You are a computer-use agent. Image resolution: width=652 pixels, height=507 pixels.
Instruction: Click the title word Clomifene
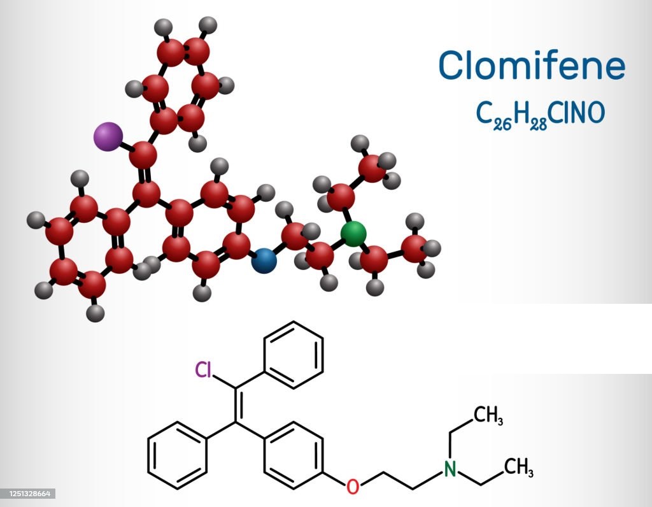click(x=532, y=65)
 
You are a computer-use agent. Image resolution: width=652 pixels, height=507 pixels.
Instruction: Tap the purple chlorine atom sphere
click(x=108, y=136)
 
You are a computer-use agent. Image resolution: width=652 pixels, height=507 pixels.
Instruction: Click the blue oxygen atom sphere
click(x=264, y=261)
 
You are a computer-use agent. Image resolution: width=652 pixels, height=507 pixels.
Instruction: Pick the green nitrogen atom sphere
click(x=353, y=234)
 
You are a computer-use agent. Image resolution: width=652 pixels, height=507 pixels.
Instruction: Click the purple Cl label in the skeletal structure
click(x=204, y=369)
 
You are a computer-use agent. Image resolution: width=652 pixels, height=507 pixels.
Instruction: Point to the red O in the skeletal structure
click(x=353, y=486)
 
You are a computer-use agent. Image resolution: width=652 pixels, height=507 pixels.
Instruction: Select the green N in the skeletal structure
click(x=450, y=468)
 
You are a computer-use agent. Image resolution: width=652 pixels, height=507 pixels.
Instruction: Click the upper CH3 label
click(x=488, y=415)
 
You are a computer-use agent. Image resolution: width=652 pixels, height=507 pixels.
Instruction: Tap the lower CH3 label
click(x=518, y=467)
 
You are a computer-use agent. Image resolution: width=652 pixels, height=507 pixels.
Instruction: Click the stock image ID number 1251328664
click(x=28, y=494)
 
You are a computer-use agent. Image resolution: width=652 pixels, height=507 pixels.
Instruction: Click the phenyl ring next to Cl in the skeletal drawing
click(x=294, y=355)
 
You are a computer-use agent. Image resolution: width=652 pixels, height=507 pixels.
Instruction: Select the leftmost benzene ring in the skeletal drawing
click(x=178, y=455)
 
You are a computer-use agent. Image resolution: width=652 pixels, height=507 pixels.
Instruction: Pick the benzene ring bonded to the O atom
click(x=294, y=455)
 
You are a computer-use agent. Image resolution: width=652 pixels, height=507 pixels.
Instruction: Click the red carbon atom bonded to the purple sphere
click(x=143, y=155)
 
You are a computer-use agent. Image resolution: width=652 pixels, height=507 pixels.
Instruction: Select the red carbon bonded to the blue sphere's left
click(x=237, y=246)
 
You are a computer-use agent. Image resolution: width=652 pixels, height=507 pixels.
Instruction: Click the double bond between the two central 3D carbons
click(x=145, y=175)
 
